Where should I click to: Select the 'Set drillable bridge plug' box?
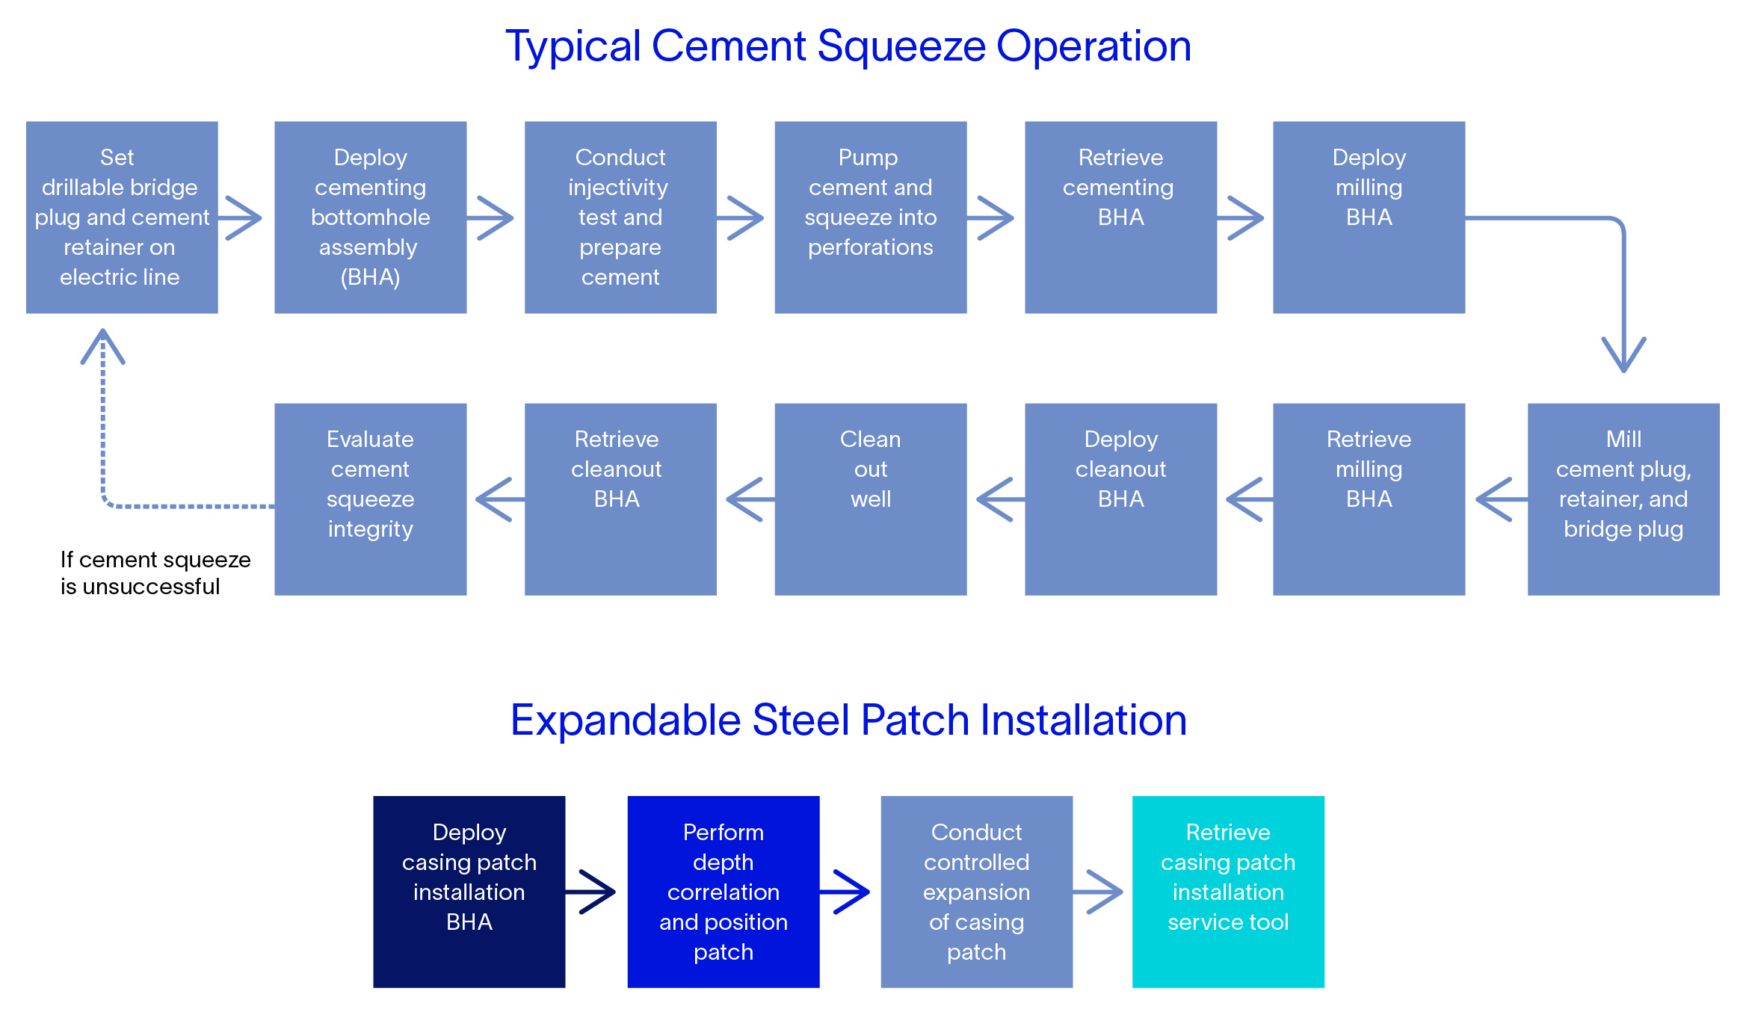click(x=122, y=218)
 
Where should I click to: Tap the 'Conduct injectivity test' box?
click(x=620, y=218)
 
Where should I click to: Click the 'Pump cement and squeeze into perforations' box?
click(x=870, y=218)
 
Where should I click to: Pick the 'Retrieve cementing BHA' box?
click(x=1120, y=218)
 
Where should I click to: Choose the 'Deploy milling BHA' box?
click(x=1369, y=218)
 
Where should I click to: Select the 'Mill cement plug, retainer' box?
click(x=1623, y=499)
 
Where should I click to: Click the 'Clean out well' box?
click(x=870, y=499)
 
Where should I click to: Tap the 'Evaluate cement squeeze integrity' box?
click(x=370, y=499)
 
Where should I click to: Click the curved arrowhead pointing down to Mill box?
click(x=1623, y=354)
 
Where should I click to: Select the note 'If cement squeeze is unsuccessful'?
click(x=155, y=573)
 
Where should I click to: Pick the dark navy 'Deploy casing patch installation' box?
click(x=469, y=892)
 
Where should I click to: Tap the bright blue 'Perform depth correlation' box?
click(x=723, y=892)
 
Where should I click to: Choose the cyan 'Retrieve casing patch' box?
click(x=1227, y=892)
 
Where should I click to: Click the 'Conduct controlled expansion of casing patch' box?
click(x=976, y=892)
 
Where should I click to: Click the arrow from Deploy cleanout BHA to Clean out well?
click(x=997, y=499)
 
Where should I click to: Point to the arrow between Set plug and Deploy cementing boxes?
click(x=242, y=218)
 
